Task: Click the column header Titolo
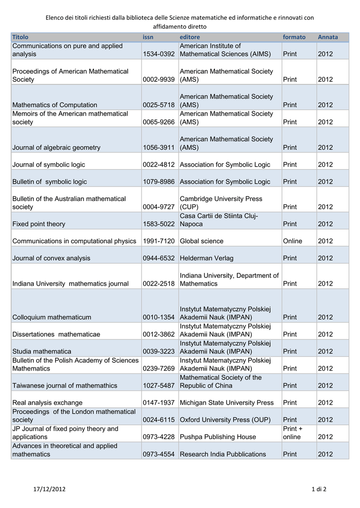coord(20,37)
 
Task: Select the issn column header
coord(148,37)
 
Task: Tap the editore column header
coord(190,37)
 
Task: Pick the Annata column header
coord(328,37)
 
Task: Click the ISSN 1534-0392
coord(159,54)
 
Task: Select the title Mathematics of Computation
coord(55,105)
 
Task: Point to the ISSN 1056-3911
coord(159,148)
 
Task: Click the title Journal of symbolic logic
coord(49,165)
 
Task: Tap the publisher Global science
coord(202,241)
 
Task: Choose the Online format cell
coord(292,241)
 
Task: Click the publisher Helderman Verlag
coord(207,258)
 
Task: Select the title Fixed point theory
coord(39,224)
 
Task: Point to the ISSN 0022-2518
coord(159,284)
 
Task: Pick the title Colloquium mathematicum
coord(52,317)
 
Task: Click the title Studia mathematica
coord(42,352)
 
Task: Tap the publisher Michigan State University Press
coord(227,403)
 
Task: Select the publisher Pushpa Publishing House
coord(218,437)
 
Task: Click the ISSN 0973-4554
coord(159,454)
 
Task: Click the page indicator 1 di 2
coord(319,490)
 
